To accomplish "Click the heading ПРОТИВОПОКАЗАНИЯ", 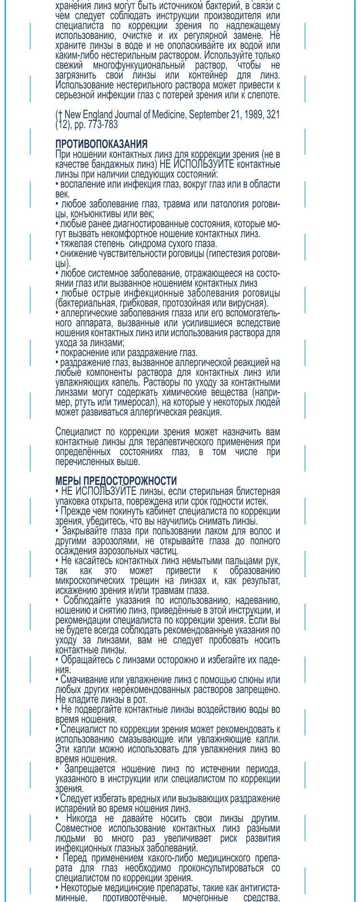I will point(101,144).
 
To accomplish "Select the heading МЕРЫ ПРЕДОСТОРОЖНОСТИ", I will point(116,481).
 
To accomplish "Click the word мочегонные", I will point(215,898).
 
